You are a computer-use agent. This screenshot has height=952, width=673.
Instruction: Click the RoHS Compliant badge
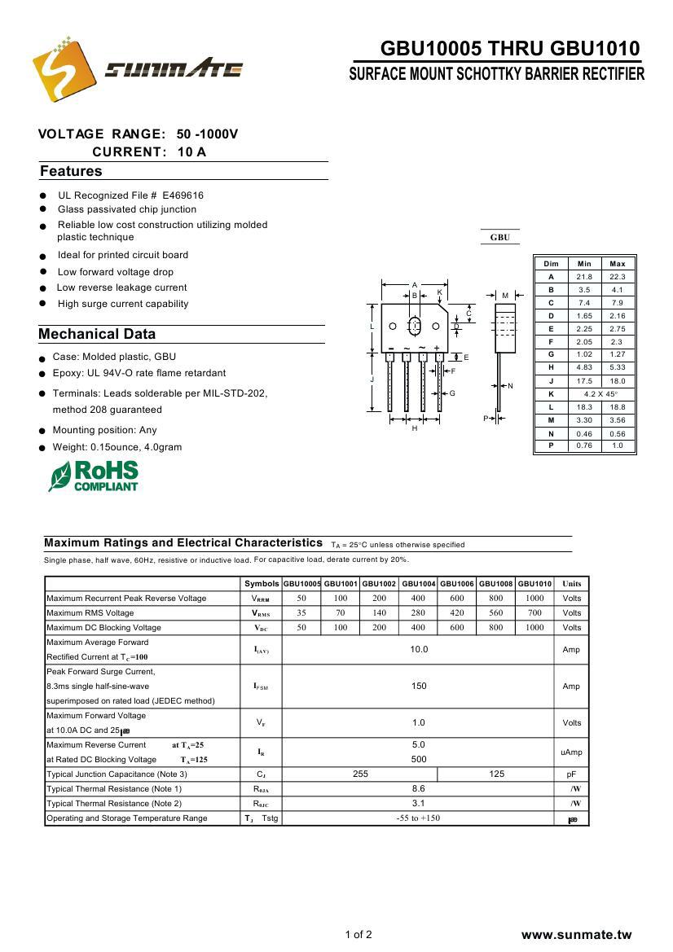coord(94,476)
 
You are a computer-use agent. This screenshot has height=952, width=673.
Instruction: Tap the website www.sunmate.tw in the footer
coord(576,934)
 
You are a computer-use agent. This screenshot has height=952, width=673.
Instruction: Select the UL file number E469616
coord(183,195)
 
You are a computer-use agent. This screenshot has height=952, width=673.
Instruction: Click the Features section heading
coord(72,171)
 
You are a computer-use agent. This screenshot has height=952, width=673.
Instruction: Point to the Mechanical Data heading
coord(97,334)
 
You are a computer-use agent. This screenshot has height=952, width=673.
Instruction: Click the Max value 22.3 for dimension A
coord(617,277)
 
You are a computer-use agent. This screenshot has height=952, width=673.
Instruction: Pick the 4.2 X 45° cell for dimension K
coord(600,394)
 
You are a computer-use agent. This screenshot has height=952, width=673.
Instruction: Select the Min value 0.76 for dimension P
coord(584,445)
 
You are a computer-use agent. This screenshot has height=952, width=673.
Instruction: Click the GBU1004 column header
coord(418,584)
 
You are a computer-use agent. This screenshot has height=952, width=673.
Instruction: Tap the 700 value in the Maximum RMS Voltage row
coord(534,613)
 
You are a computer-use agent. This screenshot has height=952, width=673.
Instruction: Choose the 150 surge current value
coord(418,687)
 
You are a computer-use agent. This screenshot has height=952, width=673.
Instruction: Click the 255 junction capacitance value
coord(360,774)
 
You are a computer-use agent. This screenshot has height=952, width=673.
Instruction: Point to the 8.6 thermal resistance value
coord(418,789)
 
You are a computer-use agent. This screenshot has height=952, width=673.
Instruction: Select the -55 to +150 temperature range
coord(418,818)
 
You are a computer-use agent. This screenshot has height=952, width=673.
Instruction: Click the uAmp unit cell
coord(571,752)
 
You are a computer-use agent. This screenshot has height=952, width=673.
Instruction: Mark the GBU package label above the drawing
coord(499,238)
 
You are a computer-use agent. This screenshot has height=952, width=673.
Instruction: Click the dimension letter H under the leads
coord(414,428)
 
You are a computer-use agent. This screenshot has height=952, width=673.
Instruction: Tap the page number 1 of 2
coord(358,934)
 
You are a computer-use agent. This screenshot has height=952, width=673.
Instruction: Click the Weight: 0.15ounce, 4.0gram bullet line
coord(117,447)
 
